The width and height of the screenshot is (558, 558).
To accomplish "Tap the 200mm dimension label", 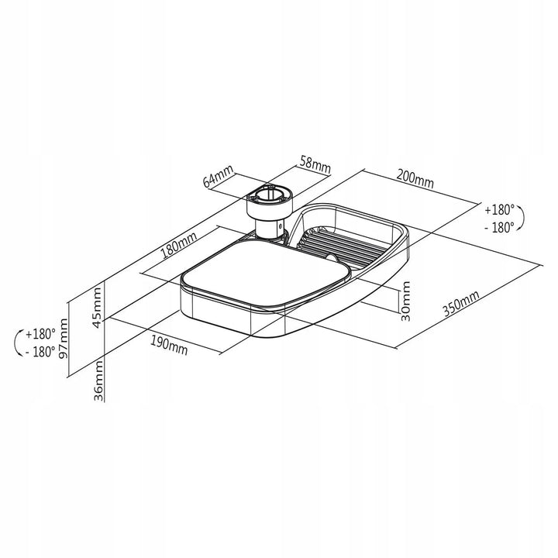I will pos(415,181).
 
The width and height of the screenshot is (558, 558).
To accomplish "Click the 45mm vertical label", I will pos(97,308).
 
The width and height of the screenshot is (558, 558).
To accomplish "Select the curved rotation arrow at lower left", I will pos(17,343).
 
